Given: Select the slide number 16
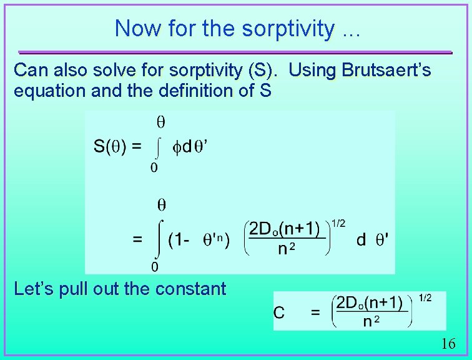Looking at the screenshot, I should pyautogui.click(x=448, y=344).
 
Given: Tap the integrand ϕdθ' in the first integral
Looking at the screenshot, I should pyautogui.click(x=190, y=147).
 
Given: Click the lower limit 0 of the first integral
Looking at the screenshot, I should pyautogui.click(x=154, y=167).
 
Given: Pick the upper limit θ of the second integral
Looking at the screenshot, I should pyautogui.click(x=160, y=204).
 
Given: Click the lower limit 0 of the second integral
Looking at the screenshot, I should pyautogui.click(x=154, y=267).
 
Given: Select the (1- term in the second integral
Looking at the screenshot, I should pyautogui.click(x=178, y=240).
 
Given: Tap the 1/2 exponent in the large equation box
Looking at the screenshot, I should pyautogui.click(x=338, y=223).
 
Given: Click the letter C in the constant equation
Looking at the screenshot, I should pyautogui.click(x=279, y=312).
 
